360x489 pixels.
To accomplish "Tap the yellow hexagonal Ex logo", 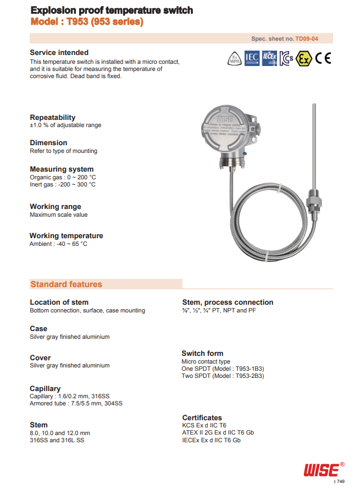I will pos(302,58).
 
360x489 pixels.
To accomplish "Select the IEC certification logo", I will pos(252,58).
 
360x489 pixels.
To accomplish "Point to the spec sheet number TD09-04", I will pos(307,39).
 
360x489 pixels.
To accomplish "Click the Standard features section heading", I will pos(67,284).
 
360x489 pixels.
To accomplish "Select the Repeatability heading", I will pos(53,117).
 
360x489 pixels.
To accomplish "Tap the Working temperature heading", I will pos(67,235).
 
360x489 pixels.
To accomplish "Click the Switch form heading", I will pos(202,353).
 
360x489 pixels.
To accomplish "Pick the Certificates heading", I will pos(202,417).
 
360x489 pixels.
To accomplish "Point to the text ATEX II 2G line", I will pos(218,432).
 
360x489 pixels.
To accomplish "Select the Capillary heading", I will pos(45,388).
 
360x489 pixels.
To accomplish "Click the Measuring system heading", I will pos(62,169).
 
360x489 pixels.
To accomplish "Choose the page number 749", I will pos(340,482).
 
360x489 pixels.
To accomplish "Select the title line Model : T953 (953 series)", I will pos(87,22).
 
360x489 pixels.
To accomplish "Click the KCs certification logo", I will pos(286,58).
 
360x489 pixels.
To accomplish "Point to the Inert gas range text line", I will pos(63,184).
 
